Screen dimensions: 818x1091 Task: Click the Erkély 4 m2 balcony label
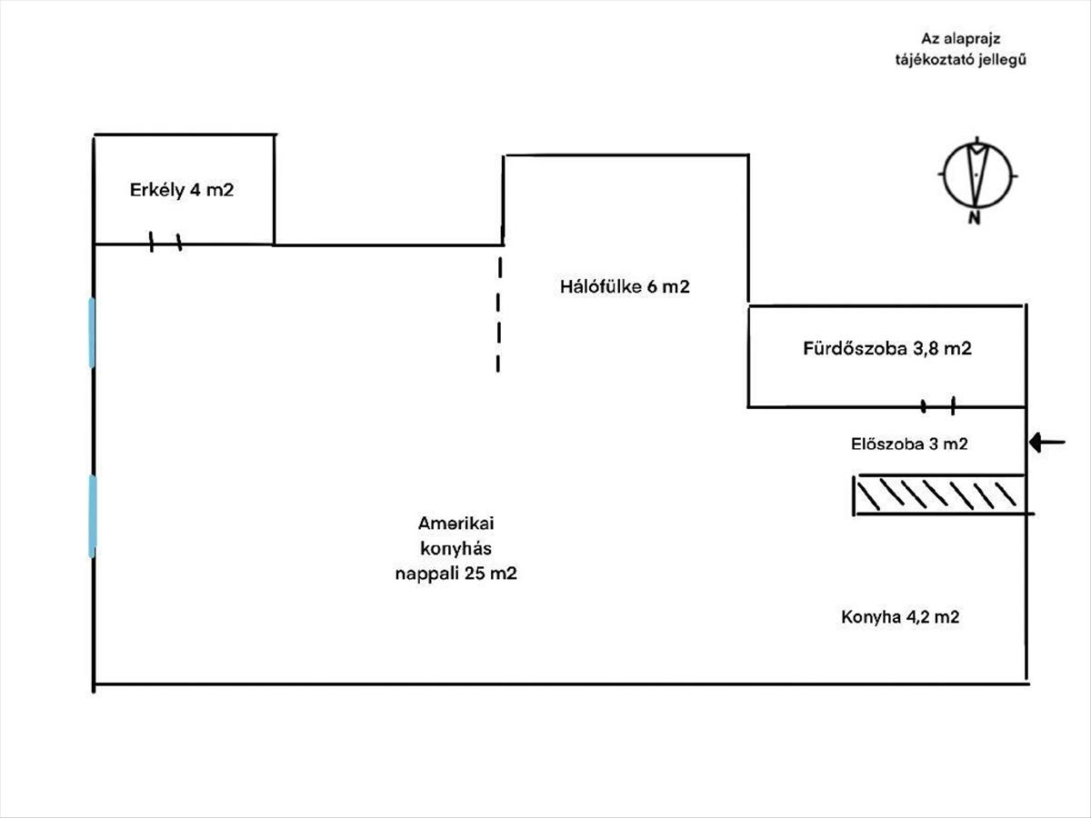pyautogui.click(x=183, y=191)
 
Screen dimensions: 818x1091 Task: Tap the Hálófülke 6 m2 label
pyautogui.click(x=625, y=287)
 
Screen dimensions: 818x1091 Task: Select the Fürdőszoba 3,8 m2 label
pyautogui.click(x=887, y=348)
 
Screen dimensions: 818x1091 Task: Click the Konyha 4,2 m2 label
pyautogui.click(x=900, y=617)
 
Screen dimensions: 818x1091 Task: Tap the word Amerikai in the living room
pyautogui.click(x=455, y=524)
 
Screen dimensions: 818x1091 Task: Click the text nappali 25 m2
pyautogui.click(x=455, y=574)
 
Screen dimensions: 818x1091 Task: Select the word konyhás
pyautogui.click(x=455, y=549)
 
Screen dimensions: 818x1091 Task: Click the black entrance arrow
pyautogui.click(x=1047, y=443)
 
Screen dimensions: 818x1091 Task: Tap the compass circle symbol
pyautogui.click(x=977, y=174)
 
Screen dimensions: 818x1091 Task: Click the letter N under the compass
pyautogui.click(x=974, y=218)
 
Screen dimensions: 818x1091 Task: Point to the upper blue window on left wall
pyautogui.click(x=92, y=333)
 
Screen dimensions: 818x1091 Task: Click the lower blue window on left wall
pyautogui.click(x=92, y=515)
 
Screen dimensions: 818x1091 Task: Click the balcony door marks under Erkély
pyautogui.click(x=165, y=243)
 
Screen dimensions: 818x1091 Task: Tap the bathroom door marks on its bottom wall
pyautogui.click(x=938, y=405)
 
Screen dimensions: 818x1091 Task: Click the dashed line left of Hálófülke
pyautogui.click(x=498, y=314)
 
